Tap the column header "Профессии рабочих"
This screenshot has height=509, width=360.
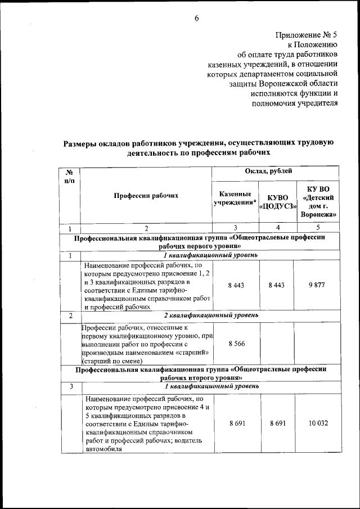point(146,196)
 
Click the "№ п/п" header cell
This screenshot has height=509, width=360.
point(70,176)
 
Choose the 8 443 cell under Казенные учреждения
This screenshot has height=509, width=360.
point(235,285)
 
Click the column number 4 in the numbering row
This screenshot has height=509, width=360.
point(278,228)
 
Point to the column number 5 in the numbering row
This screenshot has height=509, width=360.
point(319,228)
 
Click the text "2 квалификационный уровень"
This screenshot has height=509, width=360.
point(212,316)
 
